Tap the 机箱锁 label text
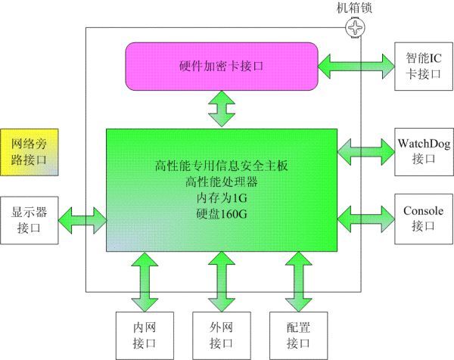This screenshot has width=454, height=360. [354, 8]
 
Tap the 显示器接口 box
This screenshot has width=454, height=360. [29, 219]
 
